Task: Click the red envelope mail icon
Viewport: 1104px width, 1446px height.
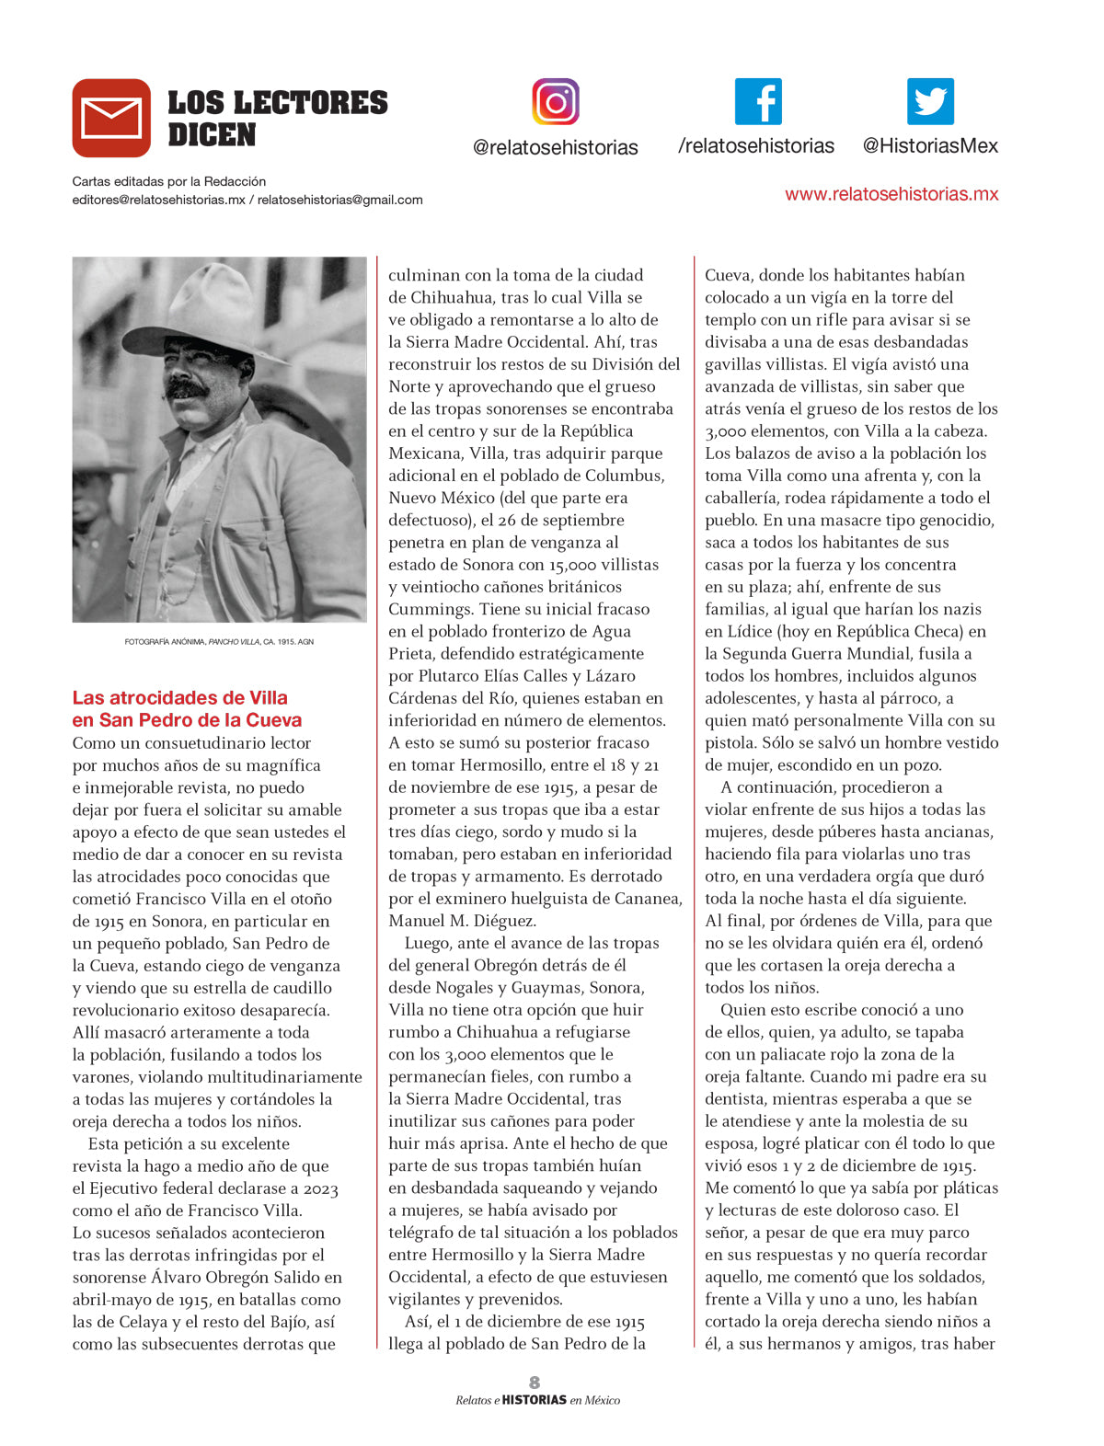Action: (111, 118)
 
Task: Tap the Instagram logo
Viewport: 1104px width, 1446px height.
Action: (556, 102)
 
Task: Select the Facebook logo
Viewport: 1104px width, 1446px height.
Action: (758, 102)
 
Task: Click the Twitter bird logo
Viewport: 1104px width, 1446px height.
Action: (930, 102)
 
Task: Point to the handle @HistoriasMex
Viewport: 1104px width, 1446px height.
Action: (930, 146)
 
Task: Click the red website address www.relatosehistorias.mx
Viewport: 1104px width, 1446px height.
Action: (891, 194)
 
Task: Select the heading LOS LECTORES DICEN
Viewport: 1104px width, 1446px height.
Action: (277, 119)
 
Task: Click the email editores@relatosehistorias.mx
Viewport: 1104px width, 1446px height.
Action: (159, 200)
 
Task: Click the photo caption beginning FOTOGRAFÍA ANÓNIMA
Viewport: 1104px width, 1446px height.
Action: (219, 641)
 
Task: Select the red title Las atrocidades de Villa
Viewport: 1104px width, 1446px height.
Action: (180, 698)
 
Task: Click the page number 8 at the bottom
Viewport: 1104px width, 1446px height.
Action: (535, 1382)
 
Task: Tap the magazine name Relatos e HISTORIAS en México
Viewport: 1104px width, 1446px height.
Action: (537, 1400)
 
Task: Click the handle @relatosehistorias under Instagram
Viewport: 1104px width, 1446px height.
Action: (555, 147)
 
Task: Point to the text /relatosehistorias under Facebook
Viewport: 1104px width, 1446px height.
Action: (756, 146)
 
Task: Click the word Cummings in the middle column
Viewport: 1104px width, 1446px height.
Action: (429, 609)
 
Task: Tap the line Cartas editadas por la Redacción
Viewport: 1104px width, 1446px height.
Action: (169, 181)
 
